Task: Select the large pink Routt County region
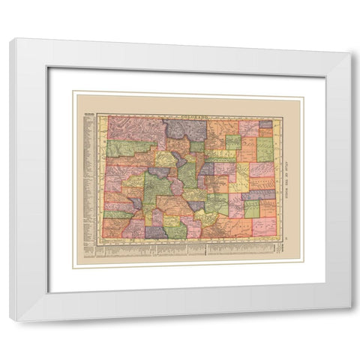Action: [x=135, y=128]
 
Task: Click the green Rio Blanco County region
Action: [x=124, y=148]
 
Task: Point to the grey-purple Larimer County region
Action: [x=185, y=130]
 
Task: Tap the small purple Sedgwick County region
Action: [x=265, y=124]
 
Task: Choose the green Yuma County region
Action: [x=265, y=149]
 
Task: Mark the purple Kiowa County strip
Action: [x=259, y=194]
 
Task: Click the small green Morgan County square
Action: [x=233, y=142]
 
